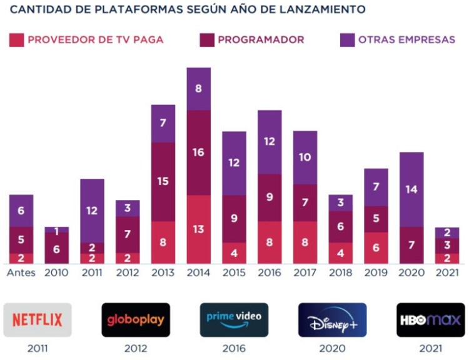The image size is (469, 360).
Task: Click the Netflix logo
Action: (38, 320)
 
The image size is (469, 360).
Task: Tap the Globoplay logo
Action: (136, 320)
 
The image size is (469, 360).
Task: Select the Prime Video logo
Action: (234, 320)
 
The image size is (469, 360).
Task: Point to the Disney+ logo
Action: (332, 320)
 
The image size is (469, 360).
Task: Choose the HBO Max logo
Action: (430, 320)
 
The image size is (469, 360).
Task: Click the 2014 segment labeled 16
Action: (198, 152)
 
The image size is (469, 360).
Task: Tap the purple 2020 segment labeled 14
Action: (411, 189)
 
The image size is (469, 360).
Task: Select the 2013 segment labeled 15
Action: (163, 181)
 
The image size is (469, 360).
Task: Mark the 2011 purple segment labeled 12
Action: (92, 211)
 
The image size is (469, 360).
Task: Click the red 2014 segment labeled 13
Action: (198, 229)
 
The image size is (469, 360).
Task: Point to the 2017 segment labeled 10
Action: (305, 157)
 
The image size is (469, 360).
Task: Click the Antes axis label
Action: (21, 272)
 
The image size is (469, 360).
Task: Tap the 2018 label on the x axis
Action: (341, 272)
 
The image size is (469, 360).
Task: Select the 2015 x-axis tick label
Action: (234, 272)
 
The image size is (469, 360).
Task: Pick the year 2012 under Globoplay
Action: (136, 349)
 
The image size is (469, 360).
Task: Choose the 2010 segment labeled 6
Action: (56, 248)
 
